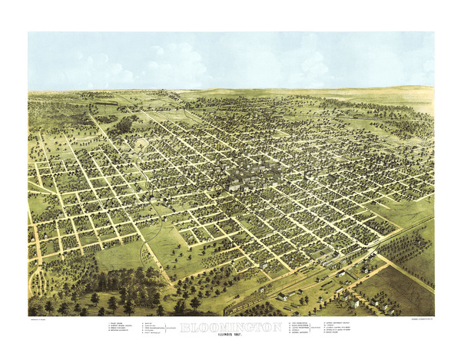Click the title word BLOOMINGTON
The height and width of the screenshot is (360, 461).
[230, 326]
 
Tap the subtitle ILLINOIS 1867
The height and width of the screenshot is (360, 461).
[230, 335]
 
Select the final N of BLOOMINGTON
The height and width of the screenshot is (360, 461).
[277, 326]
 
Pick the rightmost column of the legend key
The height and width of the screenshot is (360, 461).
[345, 329]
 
